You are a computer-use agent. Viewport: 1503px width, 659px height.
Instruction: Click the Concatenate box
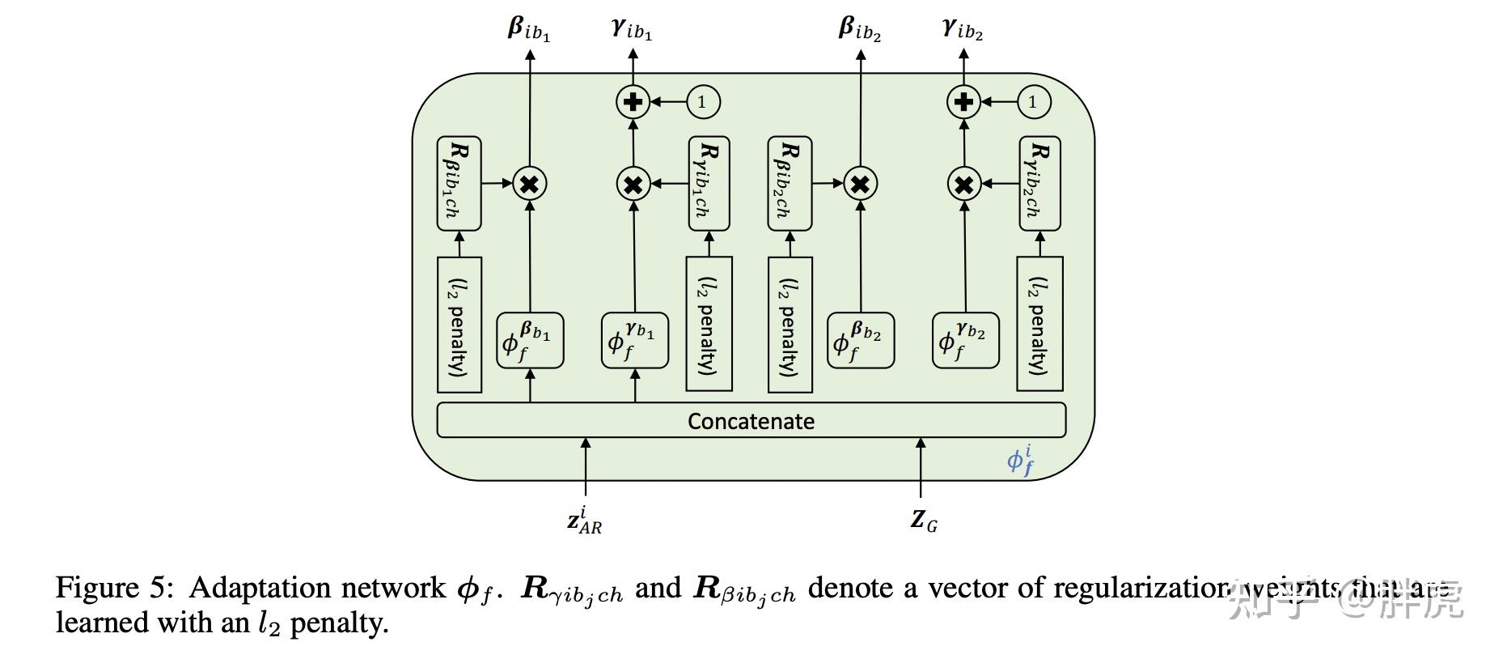pos(751,420)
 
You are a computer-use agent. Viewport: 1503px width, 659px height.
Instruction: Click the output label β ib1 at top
pos(528,29)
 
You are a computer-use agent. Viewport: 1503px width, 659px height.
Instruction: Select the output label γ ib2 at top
pos(962,29)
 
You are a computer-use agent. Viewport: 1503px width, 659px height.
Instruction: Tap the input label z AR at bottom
pos(584,520)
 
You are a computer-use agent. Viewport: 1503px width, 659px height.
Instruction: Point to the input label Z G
pos(923,520)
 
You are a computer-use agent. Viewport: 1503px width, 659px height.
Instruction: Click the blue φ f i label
pos(1020,460)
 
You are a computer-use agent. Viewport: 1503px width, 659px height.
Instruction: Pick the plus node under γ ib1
pos(633,102)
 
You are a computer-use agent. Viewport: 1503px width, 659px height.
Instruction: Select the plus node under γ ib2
pos(963,102)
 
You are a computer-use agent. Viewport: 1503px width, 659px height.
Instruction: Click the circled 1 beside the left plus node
pos(702,102)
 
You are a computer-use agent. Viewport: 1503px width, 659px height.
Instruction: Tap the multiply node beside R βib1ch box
pos(529,184)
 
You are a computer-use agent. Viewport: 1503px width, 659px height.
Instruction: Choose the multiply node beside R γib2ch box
pos(963,185)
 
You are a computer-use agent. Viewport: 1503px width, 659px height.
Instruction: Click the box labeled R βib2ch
pos(789,184)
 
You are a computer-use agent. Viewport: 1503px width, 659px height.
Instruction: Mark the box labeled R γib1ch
pos(709,184)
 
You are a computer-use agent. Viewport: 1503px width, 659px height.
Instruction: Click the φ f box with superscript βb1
pos(529,341)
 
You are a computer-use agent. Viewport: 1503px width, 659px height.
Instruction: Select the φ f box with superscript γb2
pos(965,341)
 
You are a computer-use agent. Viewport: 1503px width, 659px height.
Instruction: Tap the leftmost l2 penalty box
pos(459,325)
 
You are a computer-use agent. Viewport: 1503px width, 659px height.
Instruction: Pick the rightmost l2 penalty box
pos(1039,324)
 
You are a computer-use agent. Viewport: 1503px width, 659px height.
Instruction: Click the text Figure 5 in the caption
pos(114,588)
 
